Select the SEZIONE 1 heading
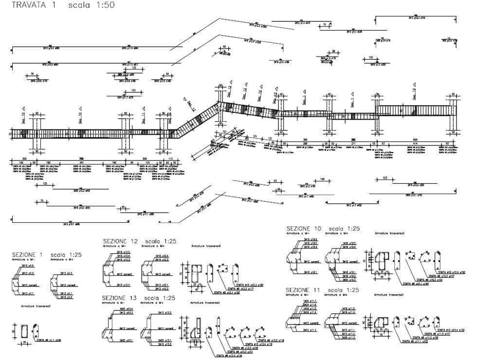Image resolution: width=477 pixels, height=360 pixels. (x=28, y=254)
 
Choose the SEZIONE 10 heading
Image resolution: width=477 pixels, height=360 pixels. (x=304, y=229)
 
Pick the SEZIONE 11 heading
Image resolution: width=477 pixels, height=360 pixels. (x=304, y=290)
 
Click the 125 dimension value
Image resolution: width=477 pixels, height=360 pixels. (x=45, y=184)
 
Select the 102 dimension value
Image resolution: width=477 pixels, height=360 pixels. (x=370, y=57)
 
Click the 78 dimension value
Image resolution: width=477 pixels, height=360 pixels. (x=33, y=73)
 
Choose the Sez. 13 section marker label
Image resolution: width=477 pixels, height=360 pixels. (x=415, y=94)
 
